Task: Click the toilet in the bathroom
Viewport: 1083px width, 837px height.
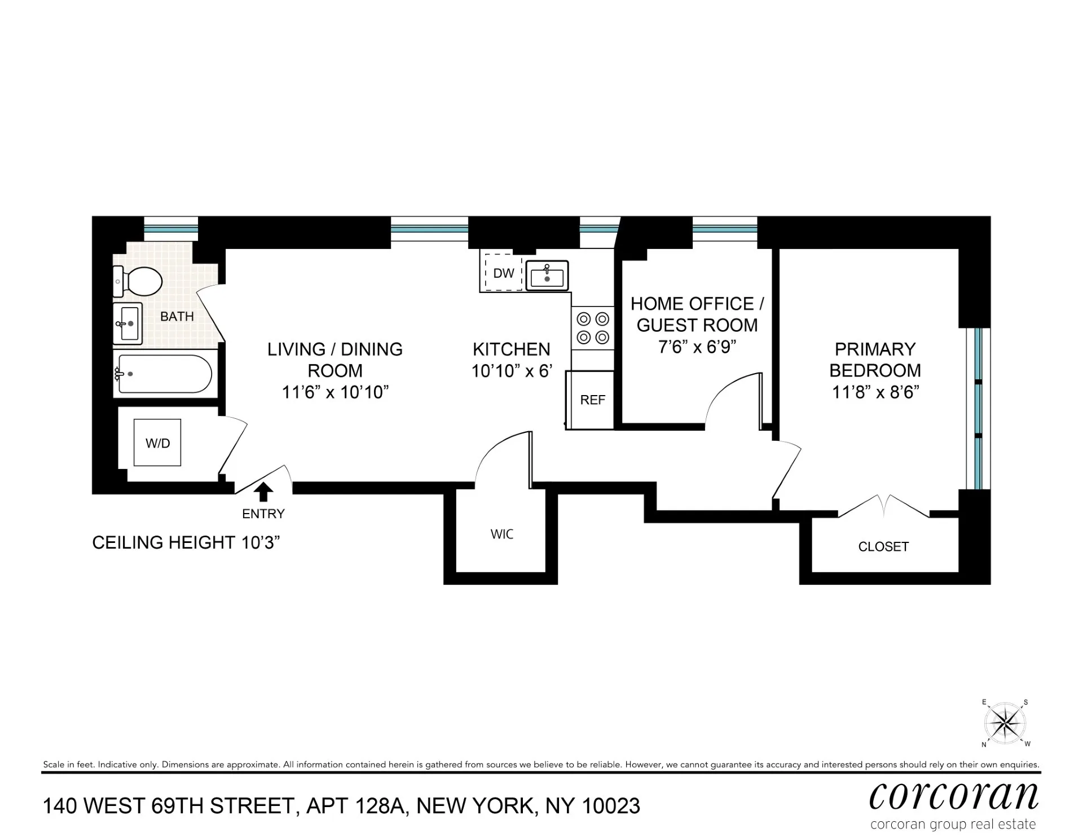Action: point(139,281)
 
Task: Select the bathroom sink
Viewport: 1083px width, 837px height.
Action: point(128,323)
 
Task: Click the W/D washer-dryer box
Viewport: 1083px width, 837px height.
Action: point(157,443)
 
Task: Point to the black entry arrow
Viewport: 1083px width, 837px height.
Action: point(263,492)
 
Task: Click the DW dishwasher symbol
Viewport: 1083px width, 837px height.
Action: point(503,273)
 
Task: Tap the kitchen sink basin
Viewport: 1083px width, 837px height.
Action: point(547,275)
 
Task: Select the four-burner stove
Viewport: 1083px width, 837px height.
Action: point(593,328)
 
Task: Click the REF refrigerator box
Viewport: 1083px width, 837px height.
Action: point(591,400)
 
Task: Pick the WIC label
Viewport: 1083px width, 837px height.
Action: point(501,534)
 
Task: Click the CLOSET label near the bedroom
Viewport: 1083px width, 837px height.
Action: point(883,546)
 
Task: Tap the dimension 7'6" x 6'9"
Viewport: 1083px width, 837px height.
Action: point(697,347)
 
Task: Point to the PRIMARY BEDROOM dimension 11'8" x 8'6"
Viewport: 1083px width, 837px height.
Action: point(875,392)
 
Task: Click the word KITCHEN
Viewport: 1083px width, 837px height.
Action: point(511,349)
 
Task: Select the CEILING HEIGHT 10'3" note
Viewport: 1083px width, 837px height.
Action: point(186,542)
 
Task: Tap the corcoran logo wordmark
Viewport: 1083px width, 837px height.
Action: point(953,796)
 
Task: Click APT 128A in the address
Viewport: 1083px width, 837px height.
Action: point(355,806)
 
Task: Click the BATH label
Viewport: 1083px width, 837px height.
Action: point(177,317)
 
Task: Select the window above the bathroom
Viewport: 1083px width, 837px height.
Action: point(171,229)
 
